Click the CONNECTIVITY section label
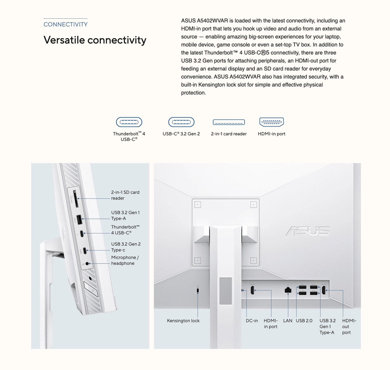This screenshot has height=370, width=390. click(65, 24)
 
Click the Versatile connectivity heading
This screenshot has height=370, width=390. click(95, 40)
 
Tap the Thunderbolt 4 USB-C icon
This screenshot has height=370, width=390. click(129, 122)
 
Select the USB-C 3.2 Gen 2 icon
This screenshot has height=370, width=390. click(181, 122)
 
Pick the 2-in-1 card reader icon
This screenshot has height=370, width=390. click(229, 122)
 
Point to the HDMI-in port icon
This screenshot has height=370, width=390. click(272, 122)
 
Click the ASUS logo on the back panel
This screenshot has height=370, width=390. click(308, 231)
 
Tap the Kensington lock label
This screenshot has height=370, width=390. click(183, 321)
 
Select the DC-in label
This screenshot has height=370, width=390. click(252, 321)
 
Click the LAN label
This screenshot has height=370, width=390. click(288, 321)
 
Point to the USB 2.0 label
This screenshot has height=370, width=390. click(304, 321)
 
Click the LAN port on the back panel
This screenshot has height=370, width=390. click(288, 290)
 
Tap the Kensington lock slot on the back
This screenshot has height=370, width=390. click(198, 290)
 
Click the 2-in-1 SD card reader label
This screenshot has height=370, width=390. click(125, 195)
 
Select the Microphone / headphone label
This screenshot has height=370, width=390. click(125, 260)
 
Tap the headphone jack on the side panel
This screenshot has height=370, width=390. click(87, 264)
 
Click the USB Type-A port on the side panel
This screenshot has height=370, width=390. click(79, 219)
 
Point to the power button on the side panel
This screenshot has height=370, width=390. click(91, 289)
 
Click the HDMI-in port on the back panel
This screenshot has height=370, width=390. click(252, 290)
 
